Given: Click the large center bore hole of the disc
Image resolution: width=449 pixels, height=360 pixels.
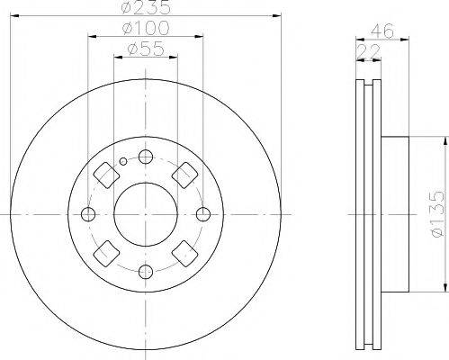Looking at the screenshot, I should (145, 214).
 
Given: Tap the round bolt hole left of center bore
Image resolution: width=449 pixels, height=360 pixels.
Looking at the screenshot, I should (87, 214).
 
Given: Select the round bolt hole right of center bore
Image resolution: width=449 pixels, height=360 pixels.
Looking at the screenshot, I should (203, 214).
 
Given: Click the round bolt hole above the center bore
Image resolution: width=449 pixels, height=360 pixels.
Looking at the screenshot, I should (145, 157).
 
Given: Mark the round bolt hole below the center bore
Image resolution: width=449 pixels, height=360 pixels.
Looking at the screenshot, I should (145, 272).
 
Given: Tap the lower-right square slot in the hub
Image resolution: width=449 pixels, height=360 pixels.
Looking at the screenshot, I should (186, 255).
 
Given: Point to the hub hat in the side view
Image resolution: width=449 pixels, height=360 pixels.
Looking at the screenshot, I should (396, 214).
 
